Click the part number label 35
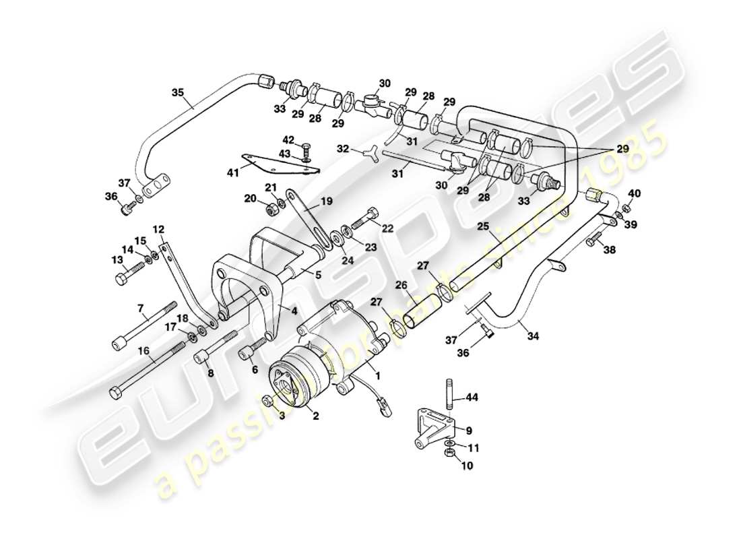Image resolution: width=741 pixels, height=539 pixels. point(177,94)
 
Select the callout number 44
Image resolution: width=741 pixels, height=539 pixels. point(472,398)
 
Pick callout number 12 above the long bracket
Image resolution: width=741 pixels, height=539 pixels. point(159,229)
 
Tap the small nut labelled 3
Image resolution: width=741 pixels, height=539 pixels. point(268,401)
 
